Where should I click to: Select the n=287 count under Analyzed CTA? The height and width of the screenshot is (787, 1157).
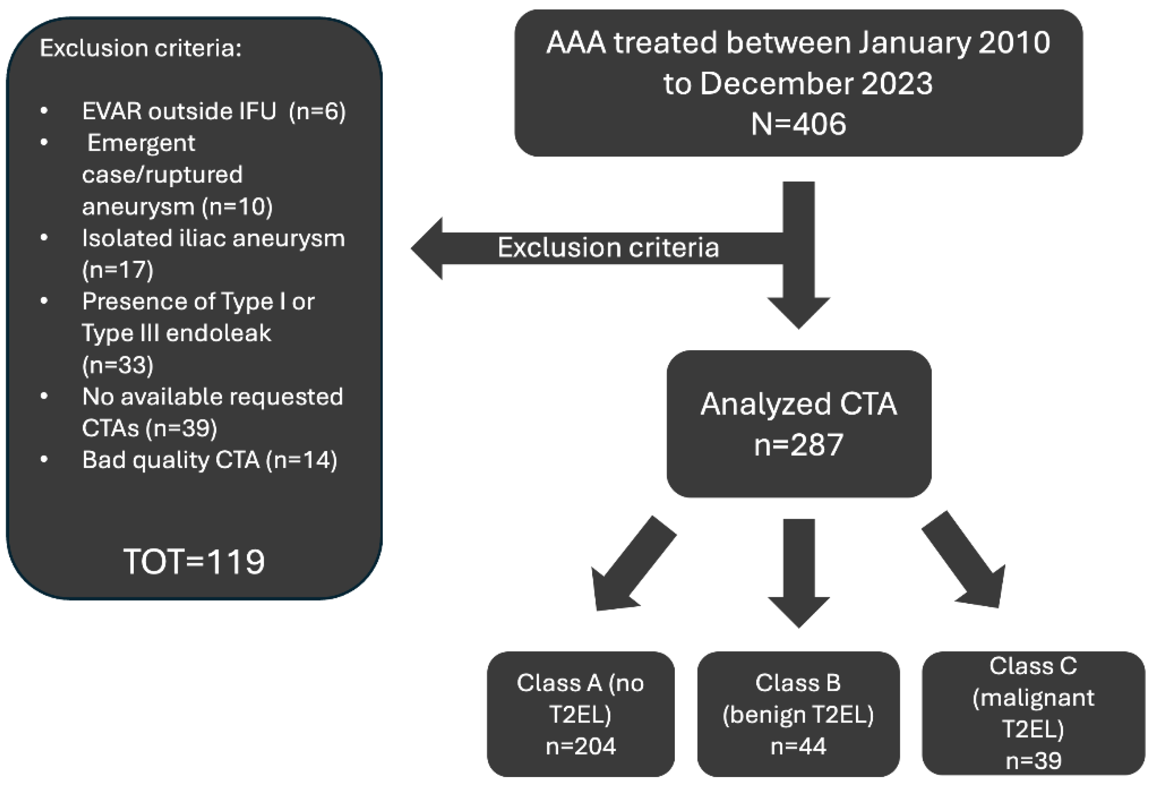click(x=798, y=444)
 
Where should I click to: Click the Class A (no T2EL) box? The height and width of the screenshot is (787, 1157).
click(x=581, y=714)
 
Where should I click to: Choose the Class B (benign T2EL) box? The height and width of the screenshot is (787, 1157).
click(x=798, y=714)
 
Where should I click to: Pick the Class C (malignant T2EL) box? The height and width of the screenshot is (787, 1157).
click(x=1033, y=714)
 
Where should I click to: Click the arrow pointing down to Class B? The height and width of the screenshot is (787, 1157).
click(x=799, y=572)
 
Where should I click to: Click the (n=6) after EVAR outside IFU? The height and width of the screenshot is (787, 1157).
click(x=318, y=111)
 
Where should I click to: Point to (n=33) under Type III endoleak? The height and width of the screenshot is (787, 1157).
click(x=118, y=365)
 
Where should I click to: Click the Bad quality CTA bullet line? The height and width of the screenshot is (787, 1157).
click(x=209, y=459)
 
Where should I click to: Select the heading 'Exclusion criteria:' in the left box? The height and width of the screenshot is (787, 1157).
click(x=140, y=48)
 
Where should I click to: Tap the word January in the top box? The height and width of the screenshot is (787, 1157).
click(x=913, y=43)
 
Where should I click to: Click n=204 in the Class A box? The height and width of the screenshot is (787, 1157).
click(x=581, y=746)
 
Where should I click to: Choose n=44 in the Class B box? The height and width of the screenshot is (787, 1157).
click(x=798, y=746)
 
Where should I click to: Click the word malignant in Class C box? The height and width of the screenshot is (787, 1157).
click(x=1033, y=698)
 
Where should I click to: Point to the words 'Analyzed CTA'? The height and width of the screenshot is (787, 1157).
click(x=798, y=404)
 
